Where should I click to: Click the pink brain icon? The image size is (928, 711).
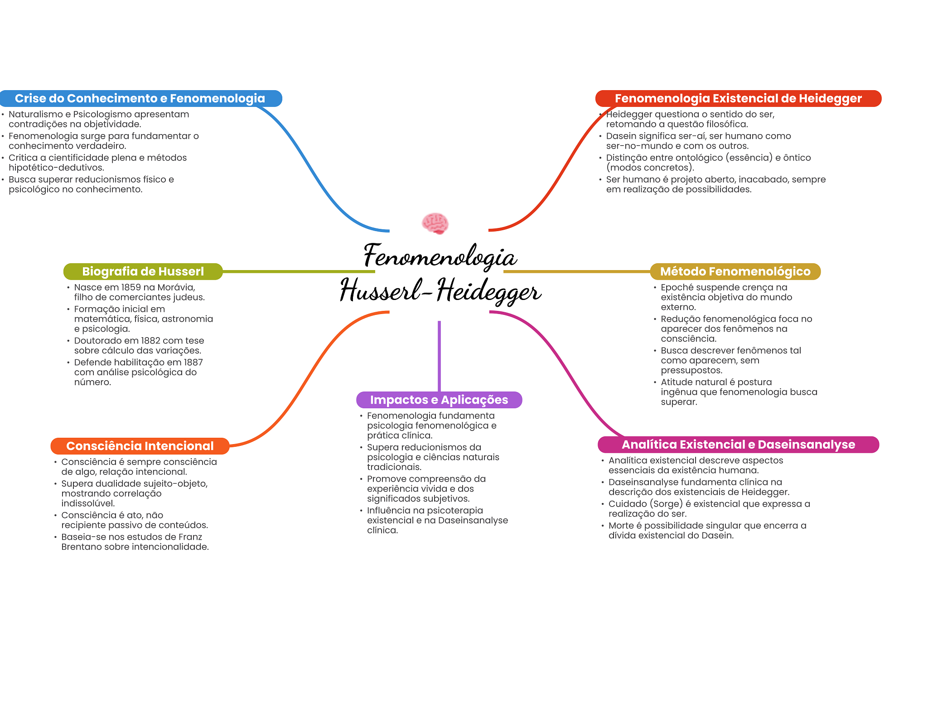pyautogui.click(x=435, y=223)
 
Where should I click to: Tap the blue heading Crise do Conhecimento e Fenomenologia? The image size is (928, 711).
pyautogui.click(x=140, y=98)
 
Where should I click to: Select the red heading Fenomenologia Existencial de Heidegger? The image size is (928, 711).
pyautogui.click(x=738, y=98)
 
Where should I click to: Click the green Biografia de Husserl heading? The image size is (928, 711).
pyautogui.click(x=143, y=271)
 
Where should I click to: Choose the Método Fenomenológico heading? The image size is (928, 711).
pyautogui.click(x=735, y=271)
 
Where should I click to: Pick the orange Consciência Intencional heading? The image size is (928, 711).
pyautogui.click(x=140, y=446)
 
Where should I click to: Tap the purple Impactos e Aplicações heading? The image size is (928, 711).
pyautogui.click(x=439, y=400)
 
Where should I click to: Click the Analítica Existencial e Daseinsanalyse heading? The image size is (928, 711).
pyautogui.click(x=738, y=445)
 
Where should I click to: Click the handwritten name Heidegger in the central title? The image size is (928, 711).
pyautogui.click(x=488, y=290)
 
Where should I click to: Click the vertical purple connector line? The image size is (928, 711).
pyautogui.click(x=439, y=356)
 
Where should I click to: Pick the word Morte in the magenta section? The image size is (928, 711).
pyautogui.click(x=621, y=526)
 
